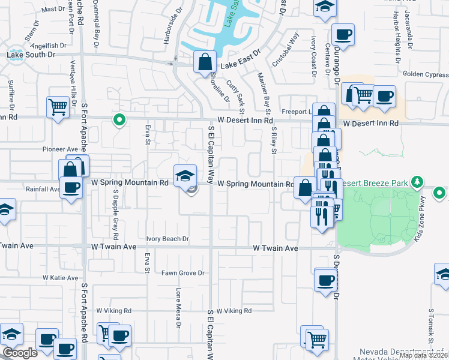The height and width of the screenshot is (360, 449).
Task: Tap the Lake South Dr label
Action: click(31, 55)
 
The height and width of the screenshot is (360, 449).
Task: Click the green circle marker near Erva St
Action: click(119, 120)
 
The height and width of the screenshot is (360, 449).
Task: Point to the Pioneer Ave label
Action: click(61, 149)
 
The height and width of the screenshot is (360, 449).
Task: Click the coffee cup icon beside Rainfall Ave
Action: click(70, 187)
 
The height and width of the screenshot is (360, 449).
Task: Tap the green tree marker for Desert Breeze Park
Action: click(418, 182)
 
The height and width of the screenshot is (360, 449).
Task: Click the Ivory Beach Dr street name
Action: click(168, 239)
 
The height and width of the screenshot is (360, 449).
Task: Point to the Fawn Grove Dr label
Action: click(183, 273)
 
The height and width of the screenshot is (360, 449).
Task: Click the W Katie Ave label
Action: click(61, 278)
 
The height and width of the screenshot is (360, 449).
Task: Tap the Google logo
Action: click(20, 353)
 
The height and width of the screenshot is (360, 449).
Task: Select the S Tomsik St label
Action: click(430, 326)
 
